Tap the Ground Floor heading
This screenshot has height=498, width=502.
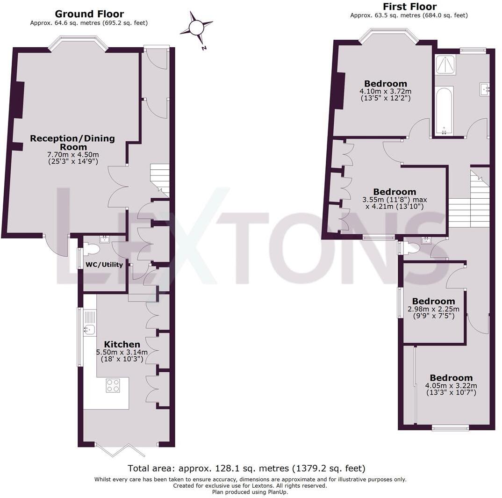(x=89, y=14)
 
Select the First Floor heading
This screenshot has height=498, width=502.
(x=409, y=7)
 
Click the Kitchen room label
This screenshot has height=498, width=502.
(x=122, y=344)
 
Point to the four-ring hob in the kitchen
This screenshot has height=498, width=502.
(x=113, y=385)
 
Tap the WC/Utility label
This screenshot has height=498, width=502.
(x=104, y=265)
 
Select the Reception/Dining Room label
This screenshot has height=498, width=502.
(x=72, y=142)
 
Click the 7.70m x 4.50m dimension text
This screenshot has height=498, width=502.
(x=72, y=155)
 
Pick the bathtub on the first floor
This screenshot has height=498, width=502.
(x=444, y=110)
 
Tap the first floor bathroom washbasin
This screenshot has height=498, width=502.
(x=484, y=89)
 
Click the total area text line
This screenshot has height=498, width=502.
(x=247, y=468)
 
